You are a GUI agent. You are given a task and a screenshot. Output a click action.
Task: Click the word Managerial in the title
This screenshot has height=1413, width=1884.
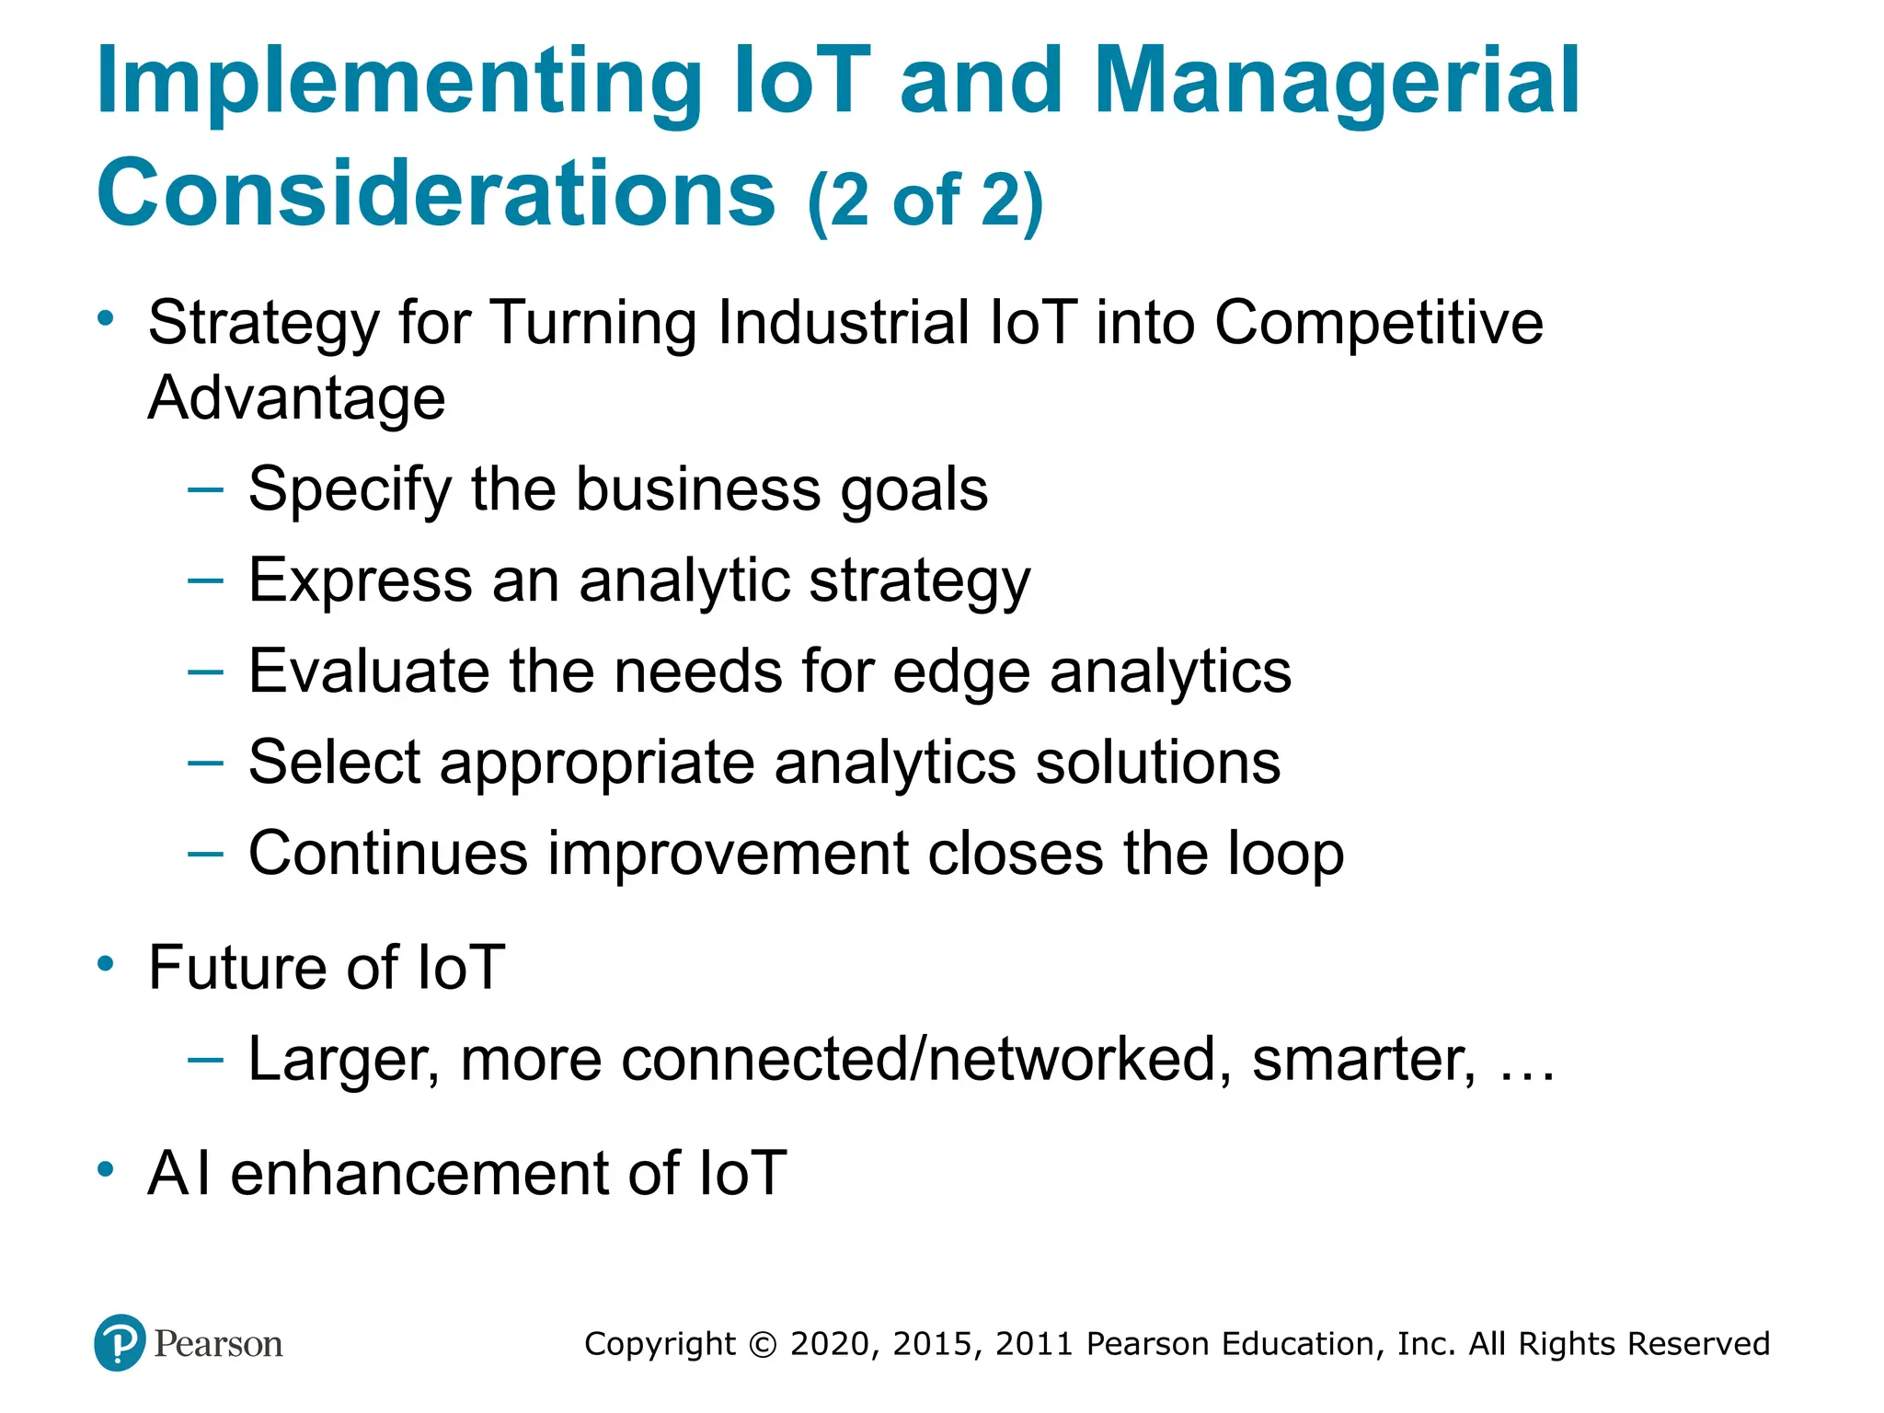pos(1336,83)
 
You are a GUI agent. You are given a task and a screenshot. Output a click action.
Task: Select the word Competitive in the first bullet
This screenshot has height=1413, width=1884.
pos(1378,324)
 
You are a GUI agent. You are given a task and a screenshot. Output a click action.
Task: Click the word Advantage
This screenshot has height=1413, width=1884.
pos(296,398)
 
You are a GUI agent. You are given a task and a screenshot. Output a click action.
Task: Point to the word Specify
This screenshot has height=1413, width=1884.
pos(350,489)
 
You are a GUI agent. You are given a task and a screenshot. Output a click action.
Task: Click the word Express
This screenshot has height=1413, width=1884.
pos(360,581)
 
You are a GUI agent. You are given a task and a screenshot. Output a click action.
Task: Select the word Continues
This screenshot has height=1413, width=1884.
pos(388,854)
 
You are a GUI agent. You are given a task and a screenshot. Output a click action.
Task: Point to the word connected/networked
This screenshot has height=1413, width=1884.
pos(926,1060)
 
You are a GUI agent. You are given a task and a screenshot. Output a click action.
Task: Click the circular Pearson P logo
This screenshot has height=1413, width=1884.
pos(120,1342)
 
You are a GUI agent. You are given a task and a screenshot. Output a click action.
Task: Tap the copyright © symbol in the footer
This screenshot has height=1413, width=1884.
pos(763,1345)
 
